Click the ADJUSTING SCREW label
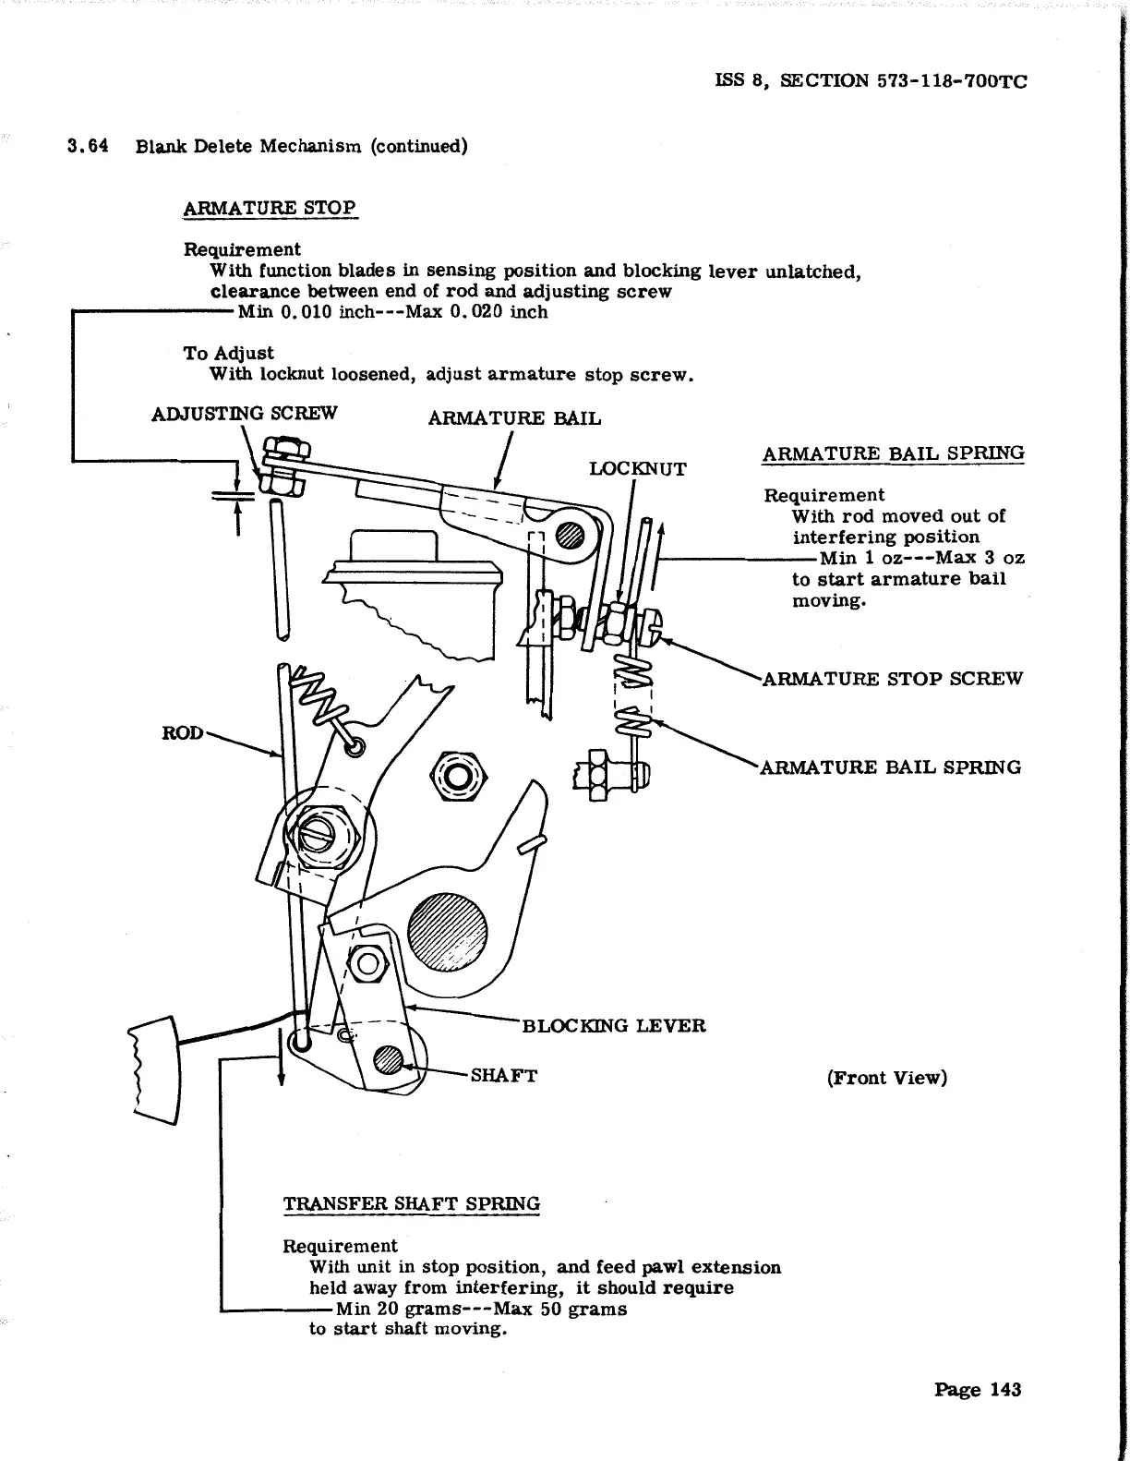[x=244, y=413]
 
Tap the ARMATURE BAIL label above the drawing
[x=514, y=418]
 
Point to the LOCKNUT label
[x=637, y=469]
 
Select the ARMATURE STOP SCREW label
[x=892, y=679]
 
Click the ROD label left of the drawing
[x=182, y=733]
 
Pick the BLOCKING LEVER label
[x=614, y=1026]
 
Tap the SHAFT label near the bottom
[x=504, y=1076]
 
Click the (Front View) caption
[x=886, y=1078]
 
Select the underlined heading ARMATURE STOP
[x=270, y=208]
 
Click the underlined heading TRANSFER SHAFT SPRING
[x=411, y=1204]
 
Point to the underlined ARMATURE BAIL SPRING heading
[x=893, y=453]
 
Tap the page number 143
[x=978, y=1390]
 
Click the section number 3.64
[x=88, y=146]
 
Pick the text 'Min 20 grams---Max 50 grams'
[x=481, y=1309]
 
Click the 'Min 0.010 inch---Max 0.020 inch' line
[x=392, y=312]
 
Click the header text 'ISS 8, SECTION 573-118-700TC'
[x=871, y=80]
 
